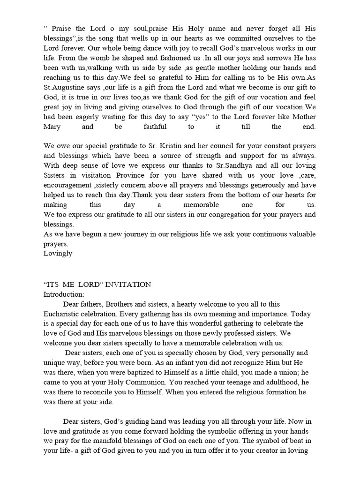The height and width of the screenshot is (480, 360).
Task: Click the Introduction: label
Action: point(64,294)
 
